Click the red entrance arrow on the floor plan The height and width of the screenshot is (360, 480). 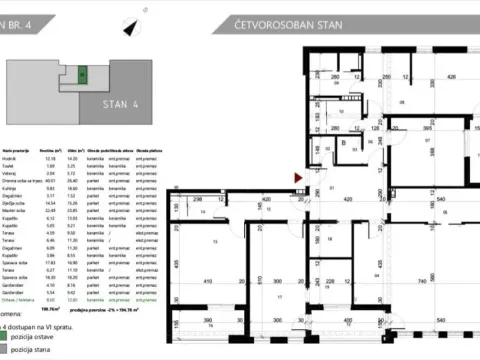click(x=297, y=178)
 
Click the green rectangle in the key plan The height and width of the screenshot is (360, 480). click(x=84, y=73)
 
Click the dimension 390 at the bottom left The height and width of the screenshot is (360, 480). click(x=207, y=321)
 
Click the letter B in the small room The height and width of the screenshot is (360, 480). click(x=342, y=143)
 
